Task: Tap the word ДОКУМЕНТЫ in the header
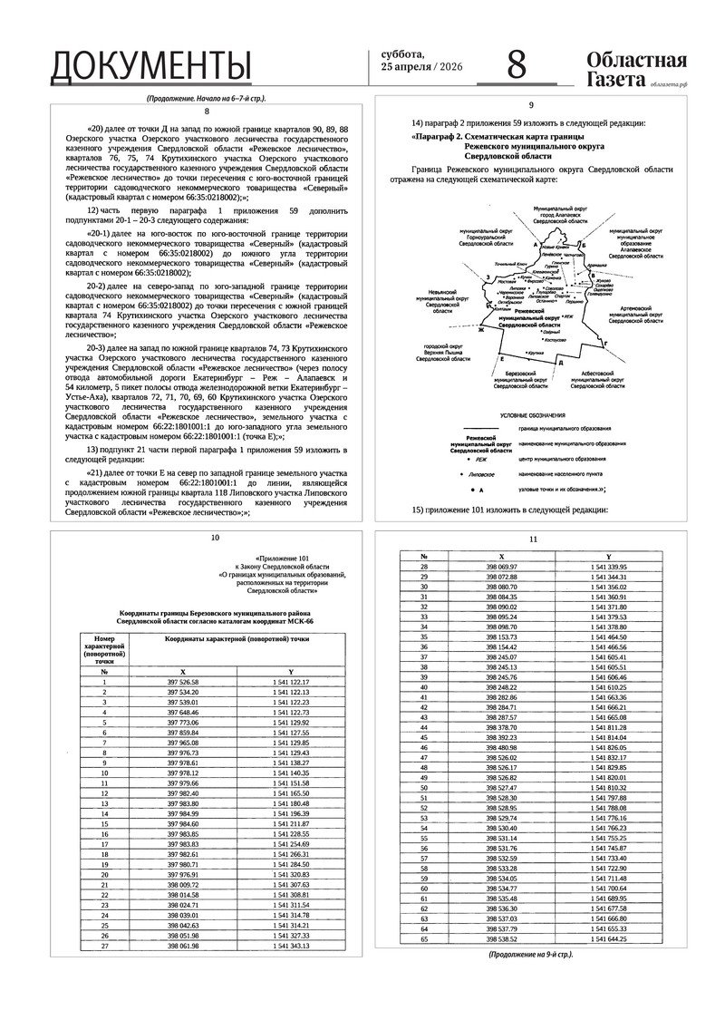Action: pyautogui.click(x=150, y=66)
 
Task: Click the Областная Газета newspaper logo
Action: pyautogui.click(x=636, y=70)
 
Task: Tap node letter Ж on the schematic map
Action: pyautogui.click(x=482, y=330)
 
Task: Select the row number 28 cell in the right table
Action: pyautogui.click(x=423, y=567)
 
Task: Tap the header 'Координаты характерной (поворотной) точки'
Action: pyautogui.click(x=237, y=639)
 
